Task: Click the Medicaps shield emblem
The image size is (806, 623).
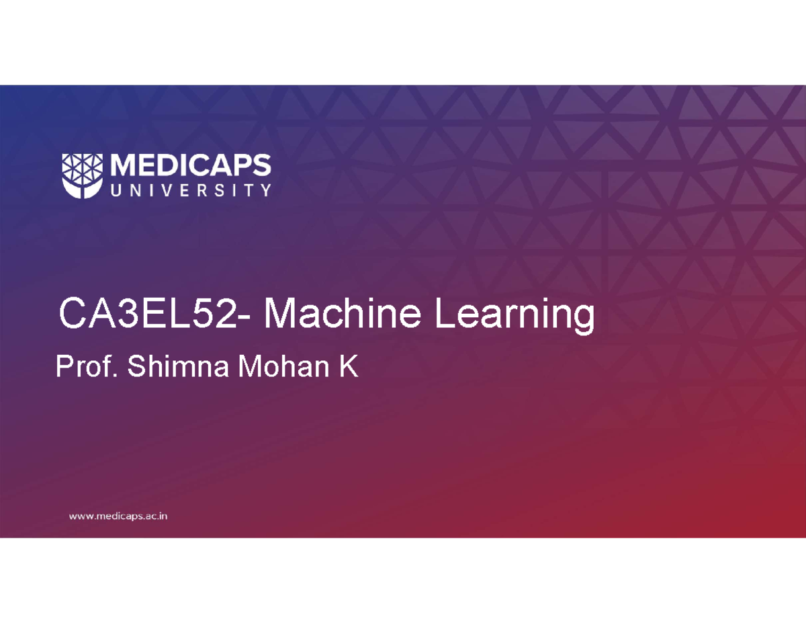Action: point(83,176)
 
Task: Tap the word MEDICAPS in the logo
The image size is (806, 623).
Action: point(191,165)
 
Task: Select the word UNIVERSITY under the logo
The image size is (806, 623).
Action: point(191,190)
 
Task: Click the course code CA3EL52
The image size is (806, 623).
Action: point(148,313)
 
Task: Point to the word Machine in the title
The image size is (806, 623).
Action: point(342,313)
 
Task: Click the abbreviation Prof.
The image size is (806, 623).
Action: point(87,366)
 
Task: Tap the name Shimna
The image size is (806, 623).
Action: point(178,366)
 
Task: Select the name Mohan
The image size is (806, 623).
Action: point(283,366)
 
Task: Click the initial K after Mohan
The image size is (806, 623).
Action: point(349,366)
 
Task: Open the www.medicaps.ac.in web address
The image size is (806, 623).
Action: point(118,516)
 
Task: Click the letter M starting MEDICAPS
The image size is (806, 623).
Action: point(124,165)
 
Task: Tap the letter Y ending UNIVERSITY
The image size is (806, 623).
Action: point(265,190)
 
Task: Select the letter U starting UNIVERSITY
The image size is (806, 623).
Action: point(116,190)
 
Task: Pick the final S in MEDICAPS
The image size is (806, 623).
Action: point(261,165)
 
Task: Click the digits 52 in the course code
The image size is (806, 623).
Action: point(215,313)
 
